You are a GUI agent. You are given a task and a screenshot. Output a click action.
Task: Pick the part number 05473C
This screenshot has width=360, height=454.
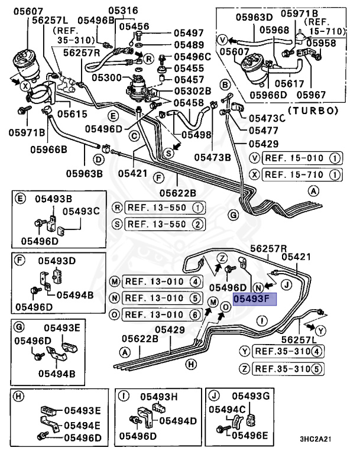pyautogui.click(x=266, y=118)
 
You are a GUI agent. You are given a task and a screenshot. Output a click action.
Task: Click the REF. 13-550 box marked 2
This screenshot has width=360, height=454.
pyautogui.click(x=158, y=223)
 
